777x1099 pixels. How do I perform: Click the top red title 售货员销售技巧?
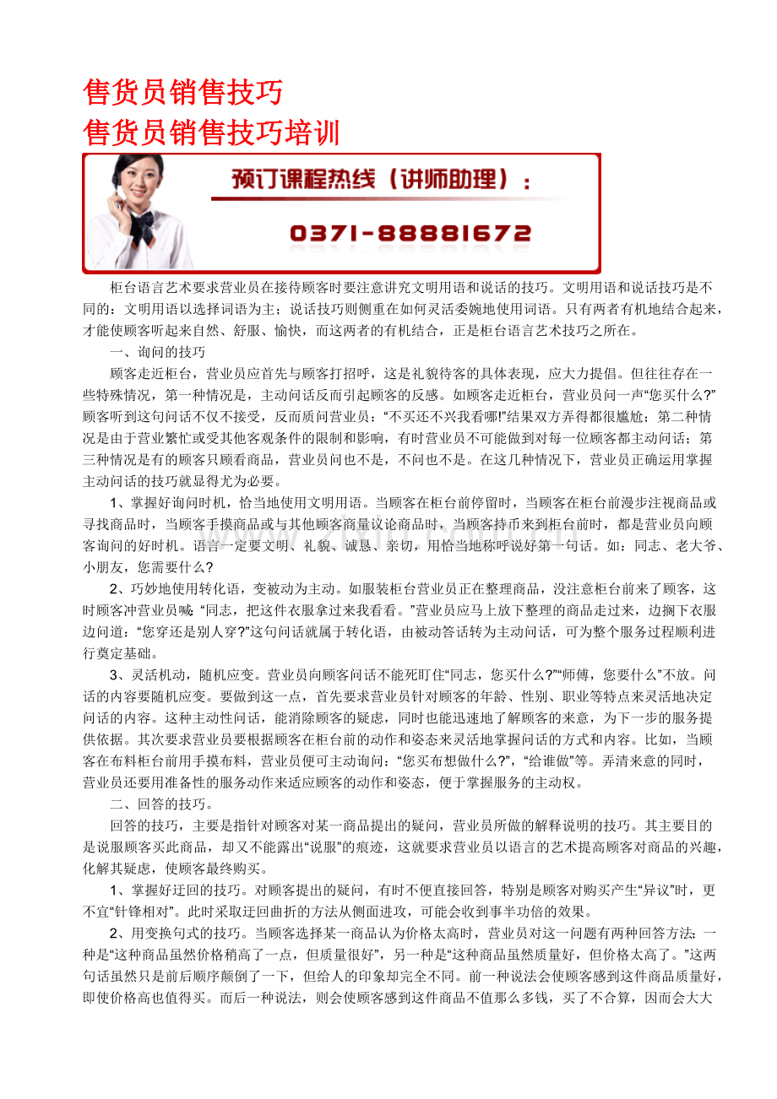[183, 91]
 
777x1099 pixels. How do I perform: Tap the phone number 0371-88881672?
[410, 233]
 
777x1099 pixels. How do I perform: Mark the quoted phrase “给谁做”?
[550, 761]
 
